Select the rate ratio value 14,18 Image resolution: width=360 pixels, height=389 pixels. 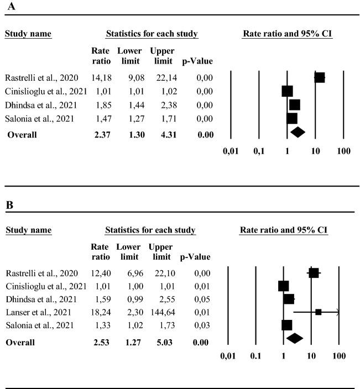101,77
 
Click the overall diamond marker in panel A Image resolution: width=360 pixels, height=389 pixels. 298,132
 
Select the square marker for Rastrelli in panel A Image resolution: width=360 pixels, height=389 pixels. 319,77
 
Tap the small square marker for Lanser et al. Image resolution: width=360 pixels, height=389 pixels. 319,312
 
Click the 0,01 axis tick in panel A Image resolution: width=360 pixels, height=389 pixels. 231,150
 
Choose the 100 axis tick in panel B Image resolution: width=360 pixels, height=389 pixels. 338,356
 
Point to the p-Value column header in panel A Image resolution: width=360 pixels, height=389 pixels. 197,60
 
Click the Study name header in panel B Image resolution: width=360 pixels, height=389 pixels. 28,230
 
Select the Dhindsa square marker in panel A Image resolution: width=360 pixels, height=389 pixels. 294,104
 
